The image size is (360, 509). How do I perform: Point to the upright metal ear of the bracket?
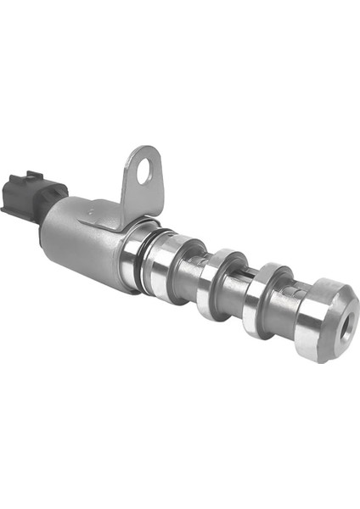(142, 176)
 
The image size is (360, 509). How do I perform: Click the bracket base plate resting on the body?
(102, 212)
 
